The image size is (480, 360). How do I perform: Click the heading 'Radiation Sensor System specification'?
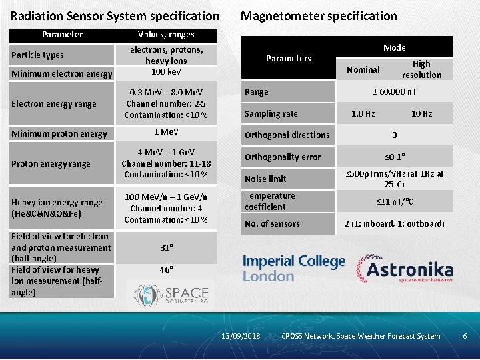[115, 15]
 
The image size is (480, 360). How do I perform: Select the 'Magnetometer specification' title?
[318, 15]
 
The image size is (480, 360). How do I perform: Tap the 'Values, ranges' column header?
[166, 34]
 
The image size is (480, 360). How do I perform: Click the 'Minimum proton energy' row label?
[59, 133]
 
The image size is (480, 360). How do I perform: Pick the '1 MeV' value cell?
[166, 132]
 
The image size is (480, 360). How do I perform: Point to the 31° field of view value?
[166, 247]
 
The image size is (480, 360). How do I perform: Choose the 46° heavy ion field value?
[166, 270]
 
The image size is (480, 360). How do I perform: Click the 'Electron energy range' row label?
[54, 103]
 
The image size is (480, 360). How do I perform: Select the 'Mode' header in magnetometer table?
[394, 47]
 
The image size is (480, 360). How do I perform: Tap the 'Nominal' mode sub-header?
[363, 69]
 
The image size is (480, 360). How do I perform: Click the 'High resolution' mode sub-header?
[421, 69]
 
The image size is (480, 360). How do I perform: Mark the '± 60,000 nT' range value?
[394, 92]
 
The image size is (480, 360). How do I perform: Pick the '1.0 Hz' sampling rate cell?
[363, 114]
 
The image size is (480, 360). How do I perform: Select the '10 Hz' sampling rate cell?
[421, 114]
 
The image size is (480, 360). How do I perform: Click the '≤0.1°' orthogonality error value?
[394, 157]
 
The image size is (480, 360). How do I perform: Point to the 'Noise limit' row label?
[265, 179]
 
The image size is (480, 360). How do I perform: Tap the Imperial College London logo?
[294, 268]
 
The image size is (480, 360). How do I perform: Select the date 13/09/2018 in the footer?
[241, 336]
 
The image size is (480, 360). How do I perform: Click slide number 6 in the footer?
[465, 336]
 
